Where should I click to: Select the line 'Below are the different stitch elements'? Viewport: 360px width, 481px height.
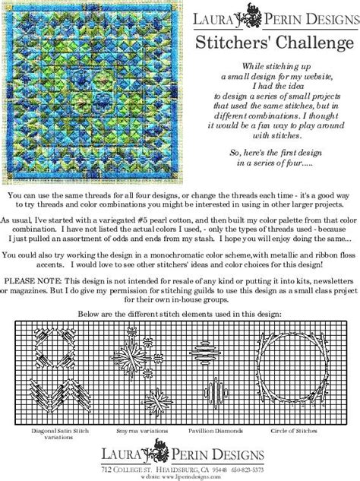(x=180, y=312)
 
